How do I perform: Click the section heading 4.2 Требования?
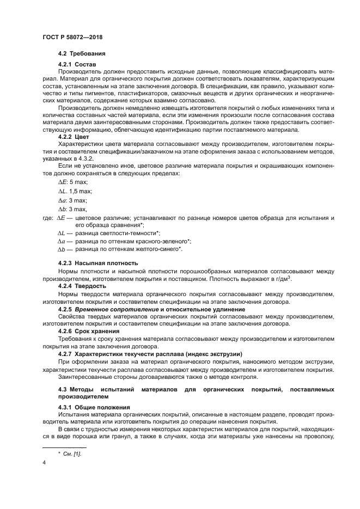[81, 54]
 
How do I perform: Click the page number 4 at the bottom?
[44, 463]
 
